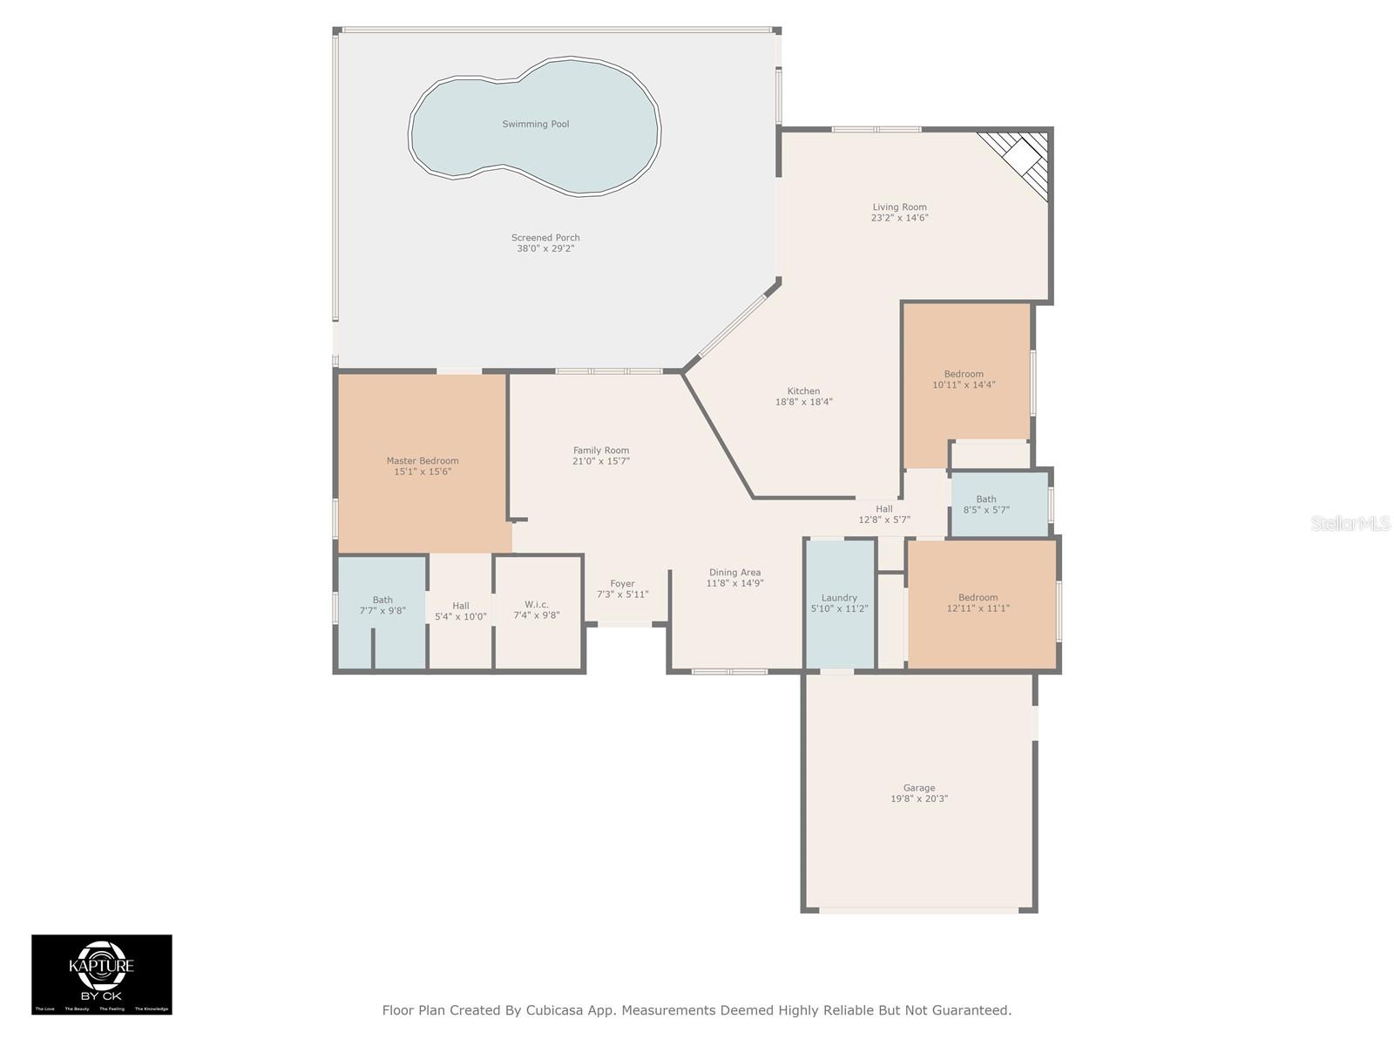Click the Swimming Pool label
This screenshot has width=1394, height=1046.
point(535,124)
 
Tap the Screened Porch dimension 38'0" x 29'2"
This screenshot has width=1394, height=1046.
point(545,248)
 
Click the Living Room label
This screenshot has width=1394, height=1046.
point(899,207)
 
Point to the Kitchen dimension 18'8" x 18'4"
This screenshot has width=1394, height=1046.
point(803,402)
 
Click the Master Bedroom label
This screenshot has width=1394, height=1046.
point(423,460)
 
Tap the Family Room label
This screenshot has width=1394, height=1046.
point(600,451)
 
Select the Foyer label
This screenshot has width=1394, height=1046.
point(622,584)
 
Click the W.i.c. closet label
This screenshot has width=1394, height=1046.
point(536,604)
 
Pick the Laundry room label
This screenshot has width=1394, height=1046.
point(839,598)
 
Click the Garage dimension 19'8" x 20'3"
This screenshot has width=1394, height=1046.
point(918,798)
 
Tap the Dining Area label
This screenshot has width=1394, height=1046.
point(734,573)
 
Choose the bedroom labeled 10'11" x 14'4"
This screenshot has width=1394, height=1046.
point(964,379)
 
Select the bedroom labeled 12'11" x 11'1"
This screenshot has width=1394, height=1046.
point(978,602)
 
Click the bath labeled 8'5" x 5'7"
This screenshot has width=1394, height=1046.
point(986,505)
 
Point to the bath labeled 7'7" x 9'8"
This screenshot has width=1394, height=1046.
point(382,605)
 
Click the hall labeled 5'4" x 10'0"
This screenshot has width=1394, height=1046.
point(460,611)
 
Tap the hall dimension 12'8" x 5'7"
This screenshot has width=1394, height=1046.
point(884,520)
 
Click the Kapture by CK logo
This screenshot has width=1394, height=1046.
point(102,974)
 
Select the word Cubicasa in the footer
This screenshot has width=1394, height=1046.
point(558,1010)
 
